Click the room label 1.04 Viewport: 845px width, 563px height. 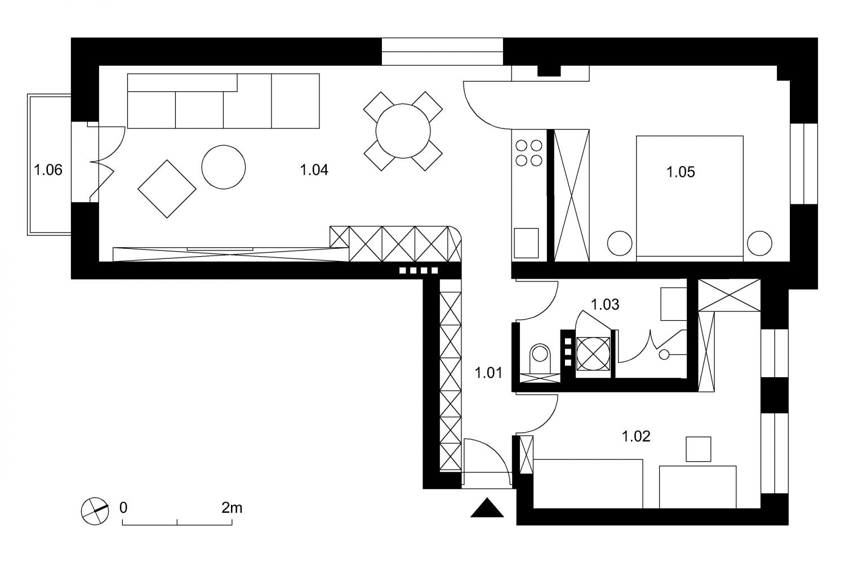pos(314,170)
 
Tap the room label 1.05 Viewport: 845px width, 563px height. pos(681,172)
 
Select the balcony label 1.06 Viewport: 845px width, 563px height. pos(48,170)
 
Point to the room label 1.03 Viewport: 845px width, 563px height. pos(604,305)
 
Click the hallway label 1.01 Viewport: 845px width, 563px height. pos(488,373)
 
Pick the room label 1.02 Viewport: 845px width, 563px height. pos(636,436)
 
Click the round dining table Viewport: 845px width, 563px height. pos(403,131)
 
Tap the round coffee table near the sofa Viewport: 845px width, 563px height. pos(223,167)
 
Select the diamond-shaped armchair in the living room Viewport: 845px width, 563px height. pos(167,189)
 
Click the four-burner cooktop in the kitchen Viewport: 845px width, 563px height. pos(529,153)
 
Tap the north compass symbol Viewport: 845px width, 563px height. pos(95,511)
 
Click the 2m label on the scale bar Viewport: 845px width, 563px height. pos(232,508)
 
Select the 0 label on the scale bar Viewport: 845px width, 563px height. pos(123,508)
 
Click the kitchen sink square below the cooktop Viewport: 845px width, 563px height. pos(526,243)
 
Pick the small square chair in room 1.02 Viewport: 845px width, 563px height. pos(699,449)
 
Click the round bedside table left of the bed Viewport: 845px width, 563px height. pos(620,243)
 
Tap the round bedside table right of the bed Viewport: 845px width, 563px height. pos(759,243)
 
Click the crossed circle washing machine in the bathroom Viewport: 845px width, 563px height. pos(593,354)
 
